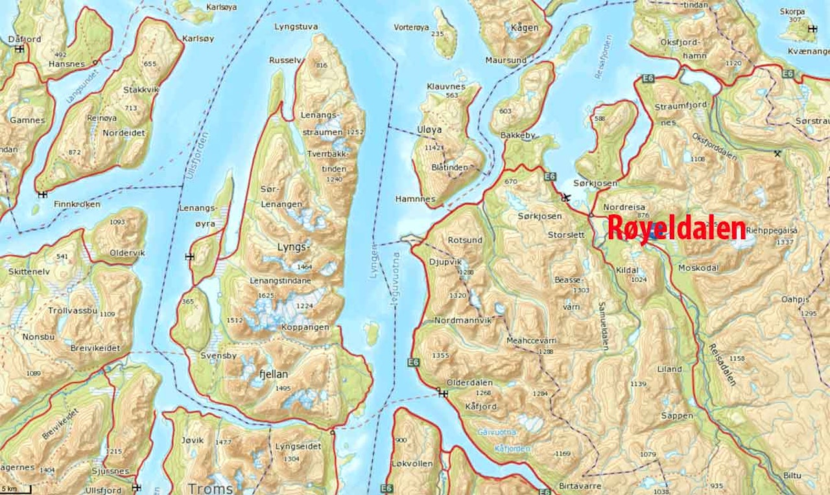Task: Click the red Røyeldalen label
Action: click(x=676, y=229)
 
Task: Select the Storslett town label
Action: click(x=565, y=235)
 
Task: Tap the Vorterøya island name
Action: click(x=412, y=27)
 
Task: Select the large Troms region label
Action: click(x=210, y=488)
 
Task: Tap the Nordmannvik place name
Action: click(x=463, y=320)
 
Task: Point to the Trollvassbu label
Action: click(x=72, y=310)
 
